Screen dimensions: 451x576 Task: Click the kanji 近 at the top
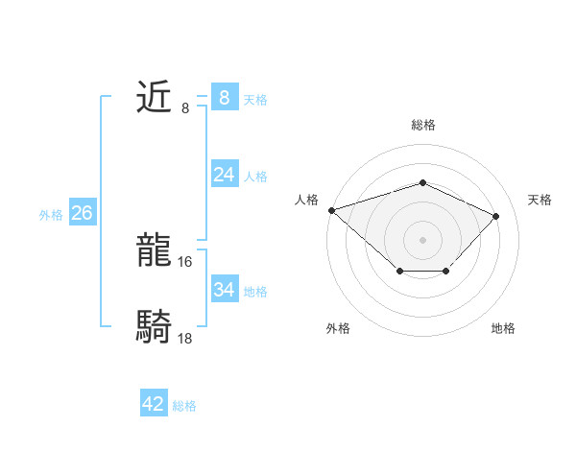tap(155, 98)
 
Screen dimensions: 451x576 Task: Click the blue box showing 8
tap(224, 98)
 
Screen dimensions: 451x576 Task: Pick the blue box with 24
tap(224, 175)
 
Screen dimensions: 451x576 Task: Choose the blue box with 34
tap(224, 290)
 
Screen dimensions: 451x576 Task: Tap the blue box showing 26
tap(82, 213)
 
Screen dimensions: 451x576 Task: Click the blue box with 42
tap(154, 404)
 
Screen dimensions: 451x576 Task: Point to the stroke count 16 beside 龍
tap(185, 262)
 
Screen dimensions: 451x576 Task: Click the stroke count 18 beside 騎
tap(185, 339)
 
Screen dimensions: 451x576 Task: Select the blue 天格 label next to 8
tap(255, 99)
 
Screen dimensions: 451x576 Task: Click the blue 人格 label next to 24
tap(255, 176)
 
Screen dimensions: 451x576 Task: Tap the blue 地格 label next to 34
tap(255, 291)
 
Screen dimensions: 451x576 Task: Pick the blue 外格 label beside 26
tap(51, 214)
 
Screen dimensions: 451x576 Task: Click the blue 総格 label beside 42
tap(184, 406)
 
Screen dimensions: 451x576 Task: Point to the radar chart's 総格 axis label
tap(422, 125)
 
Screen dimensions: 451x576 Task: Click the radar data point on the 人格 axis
tap(331, 209)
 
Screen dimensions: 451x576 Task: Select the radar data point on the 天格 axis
tap(495, 216)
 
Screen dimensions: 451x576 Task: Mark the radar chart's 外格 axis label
tap(338, 328)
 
